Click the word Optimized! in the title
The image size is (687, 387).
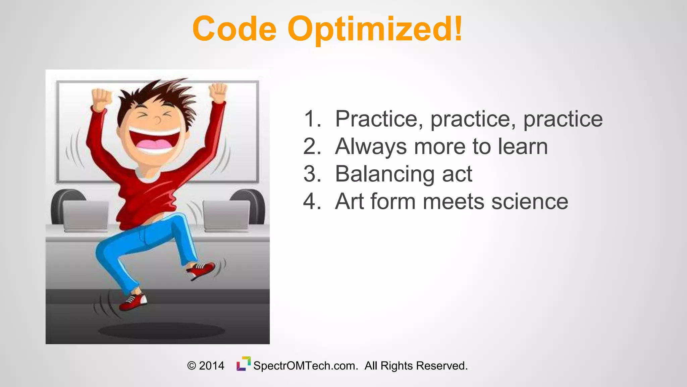[375, 30]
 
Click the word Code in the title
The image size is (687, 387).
[234, 29]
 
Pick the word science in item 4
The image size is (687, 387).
[530, 202]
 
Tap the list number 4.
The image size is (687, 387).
[312, 202]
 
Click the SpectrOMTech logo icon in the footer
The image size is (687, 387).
[244, 364]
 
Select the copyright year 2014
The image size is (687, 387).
[211, 365]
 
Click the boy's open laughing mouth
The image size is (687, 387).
[155, 141]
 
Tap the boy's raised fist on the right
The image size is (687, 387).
[218, 92]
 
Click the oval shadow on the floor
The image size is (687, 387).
[161, 331]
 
